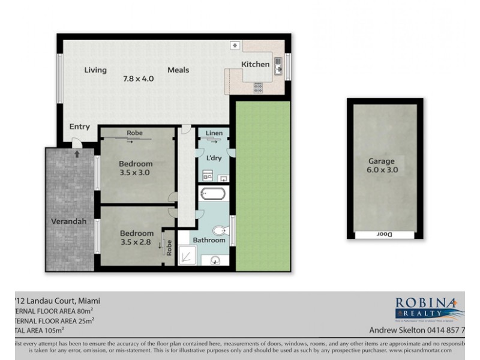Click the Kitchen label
click(256, 64)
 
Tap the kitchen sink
click(278, 64)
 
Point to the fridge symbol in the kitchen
click(235, 45)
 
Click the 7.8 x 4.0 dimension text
click(138, 79)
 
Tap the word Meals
click(178, 70)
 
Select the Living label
click(95, 70)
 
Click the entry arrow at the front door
click(77, 154)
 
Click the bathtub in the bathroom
click(212, 194)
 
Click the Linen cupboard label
click(214, 133)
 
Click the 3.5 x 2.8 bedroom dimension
click(136, 242)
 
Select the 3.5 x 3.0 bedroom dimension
click(136, 173)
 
